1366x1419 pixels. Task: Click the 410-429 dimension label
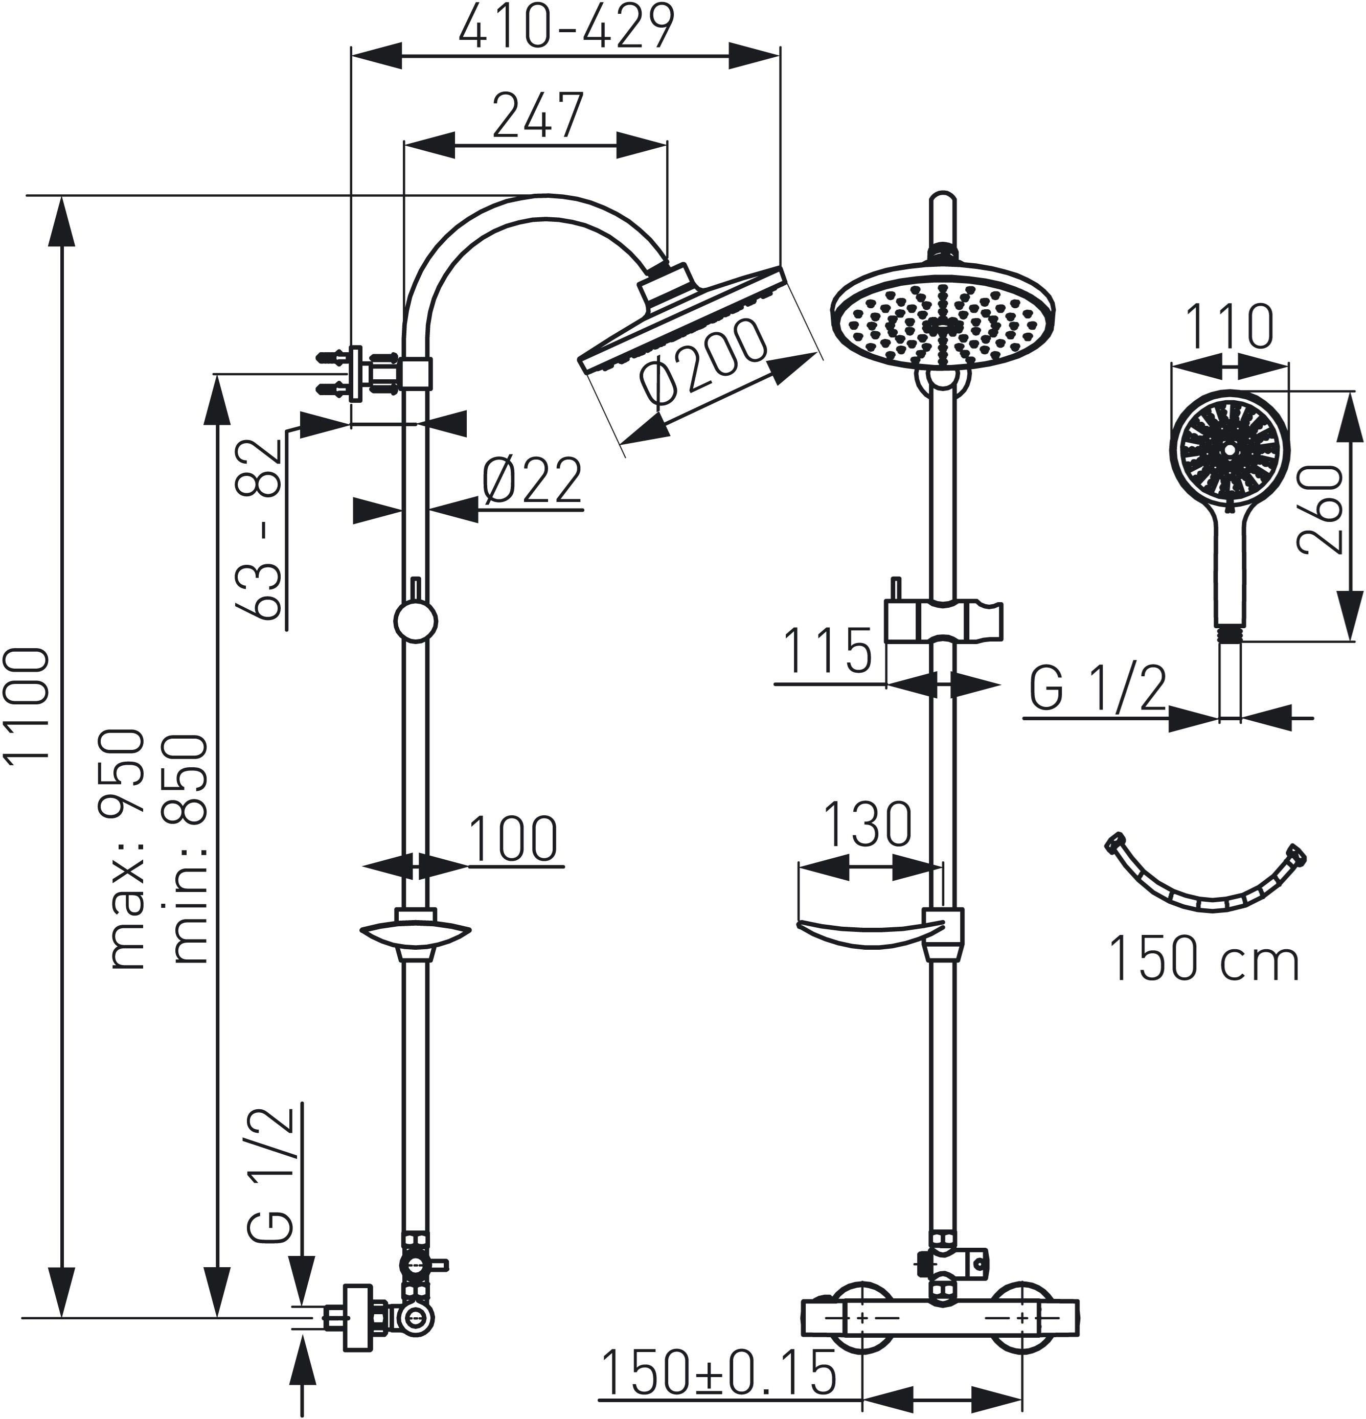567,27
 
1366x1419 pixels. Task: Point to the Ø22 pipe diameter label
533,480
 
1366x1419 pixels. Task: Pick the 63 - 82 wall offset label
259,529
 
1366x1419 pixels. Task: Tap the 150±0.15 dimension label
719,1372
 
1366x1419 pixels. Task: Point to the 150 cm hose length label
1204,958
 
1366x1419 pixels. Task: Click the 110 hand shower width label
1231,327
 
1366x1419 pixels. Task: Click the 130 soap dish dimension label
868,825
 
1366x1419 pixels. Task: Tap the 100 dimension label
513,839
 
